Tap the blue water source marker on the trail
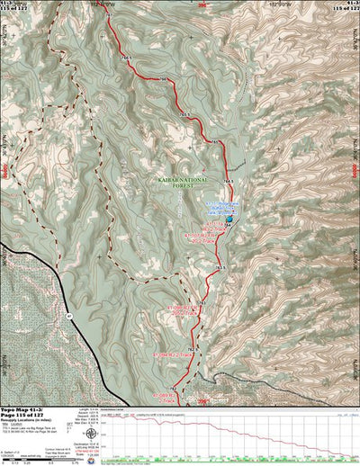229,219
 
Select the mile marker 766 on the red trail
164,82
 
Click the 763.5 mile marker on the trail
219,267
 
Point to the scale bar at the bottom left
54,461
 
